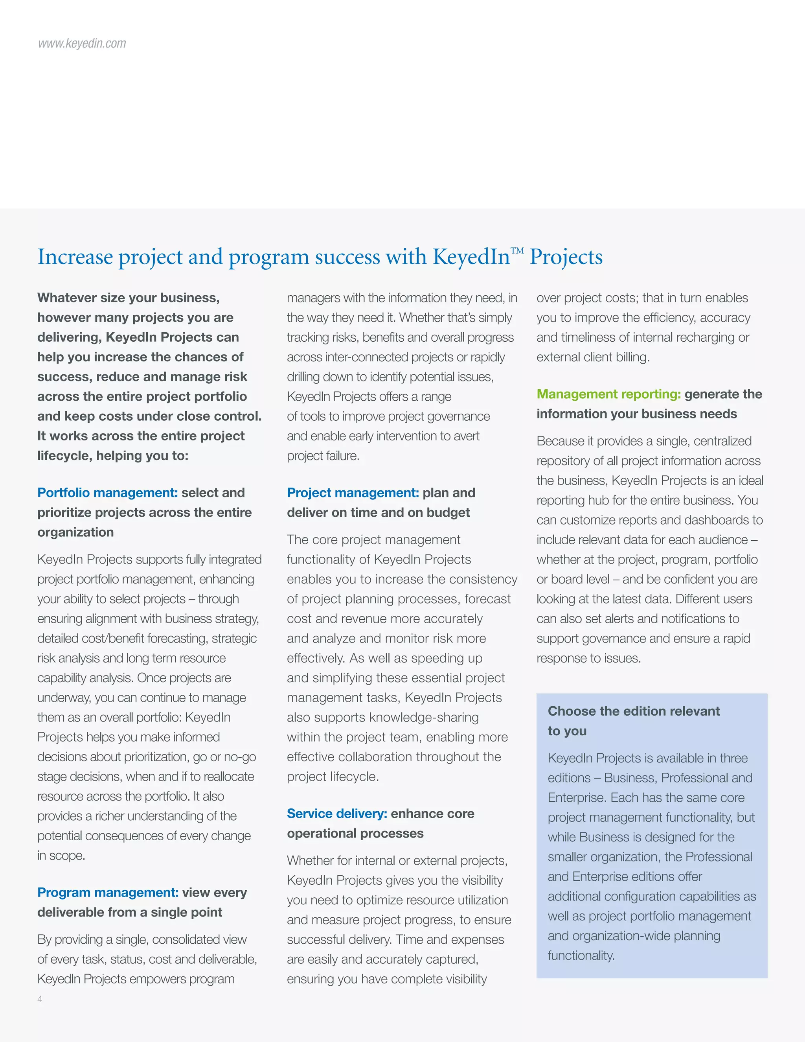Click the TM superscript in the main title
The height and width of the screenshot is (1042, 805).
(x=517, y=250)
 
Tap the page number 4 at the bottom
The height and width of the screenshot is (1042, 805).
(x=40, y=999)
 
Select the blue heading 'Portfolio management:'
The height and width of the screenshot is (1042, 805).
(x=107, y=492)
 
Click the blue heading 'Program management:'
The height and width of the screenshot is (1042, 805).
(x=108, y=892)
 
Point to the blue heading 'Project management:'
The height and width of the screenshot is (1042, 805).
(x=353, y=492)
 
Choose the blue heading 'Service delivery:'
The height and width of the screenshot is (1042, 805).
(x=337, y=814)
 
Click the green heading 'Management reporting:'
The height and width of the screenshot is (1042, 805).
(x=608, y=394)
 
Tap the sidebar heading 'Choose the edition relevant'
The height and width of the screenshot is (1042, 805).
(x=633, y=711)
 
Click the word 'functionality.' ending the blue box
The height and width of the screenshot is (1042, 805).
(x=581, y=955)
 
